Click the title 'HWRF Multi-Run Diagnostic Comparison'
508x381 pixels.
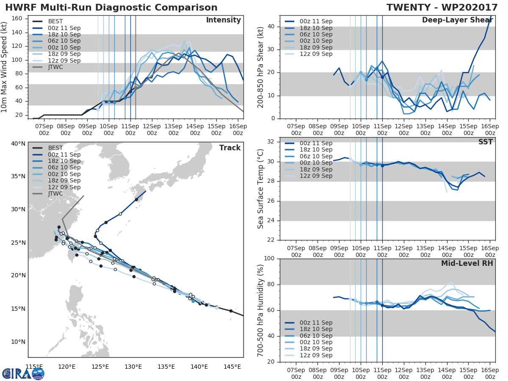tap(111, 8)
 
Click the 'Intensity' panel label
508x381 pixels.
tap(223, 20)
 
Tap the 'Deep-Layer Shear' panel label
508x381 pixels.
tap(457, 20)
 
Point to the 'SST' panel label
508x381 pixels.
tap(486, 142)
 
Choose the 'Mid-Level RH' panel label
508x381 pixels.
tap(467, 263)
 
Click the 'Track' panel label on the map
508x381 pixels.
tap(230, 148)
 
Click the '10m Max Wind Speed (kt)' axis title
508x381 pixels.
tap(5, 66)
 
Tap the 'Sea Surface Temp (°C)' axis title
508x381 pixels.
tap(261, 189)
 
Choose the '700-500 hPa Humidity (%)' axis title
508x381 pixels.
tap(261, 310)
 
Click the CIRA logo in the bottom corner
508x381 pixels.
tap(23, 373)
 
